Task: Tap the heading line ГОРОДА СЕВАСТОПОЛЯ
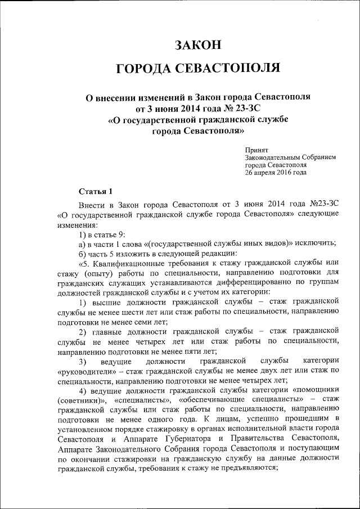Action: click(197, 69)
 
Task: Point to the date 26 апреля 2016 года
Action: click(276, 173)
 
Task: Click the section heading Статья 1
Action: click(96, 191)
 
